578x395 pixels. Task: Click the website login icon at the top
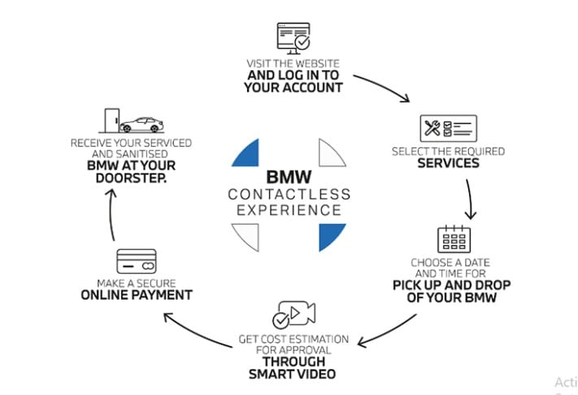(x=293, y=37)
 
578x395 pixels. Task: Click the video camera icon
(x=293, y=314)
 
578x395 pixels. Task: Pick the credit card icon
(x=137, y=261)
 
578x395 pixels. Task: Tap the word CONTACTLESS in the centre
(x=289, y=195)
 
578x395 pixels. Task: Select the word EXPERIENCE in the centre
(x=289, y=210)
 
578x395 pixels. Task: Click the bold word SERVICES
(x=448, y=163)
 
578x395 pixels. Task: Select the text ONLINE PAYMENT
(x=137, y=295)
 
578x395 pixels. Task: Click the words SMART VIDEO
(x=293, y=375)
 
